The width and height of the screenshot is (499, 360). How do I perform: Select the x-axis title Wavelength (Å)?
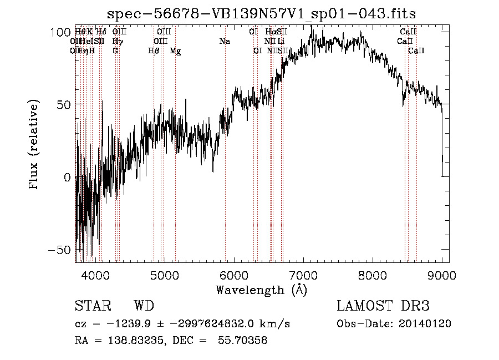261,290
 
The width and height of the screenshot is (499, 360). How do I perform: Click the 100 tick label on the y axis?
59,32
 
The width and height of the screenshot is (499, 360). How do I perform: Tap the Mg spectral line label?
175,51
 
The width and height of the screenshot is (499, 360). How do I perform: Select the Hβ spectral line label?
154,51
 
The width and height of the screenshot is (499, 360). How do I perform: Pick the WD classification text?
144,307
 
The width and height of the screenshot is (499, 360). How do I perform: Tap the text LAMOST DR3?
383,307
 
